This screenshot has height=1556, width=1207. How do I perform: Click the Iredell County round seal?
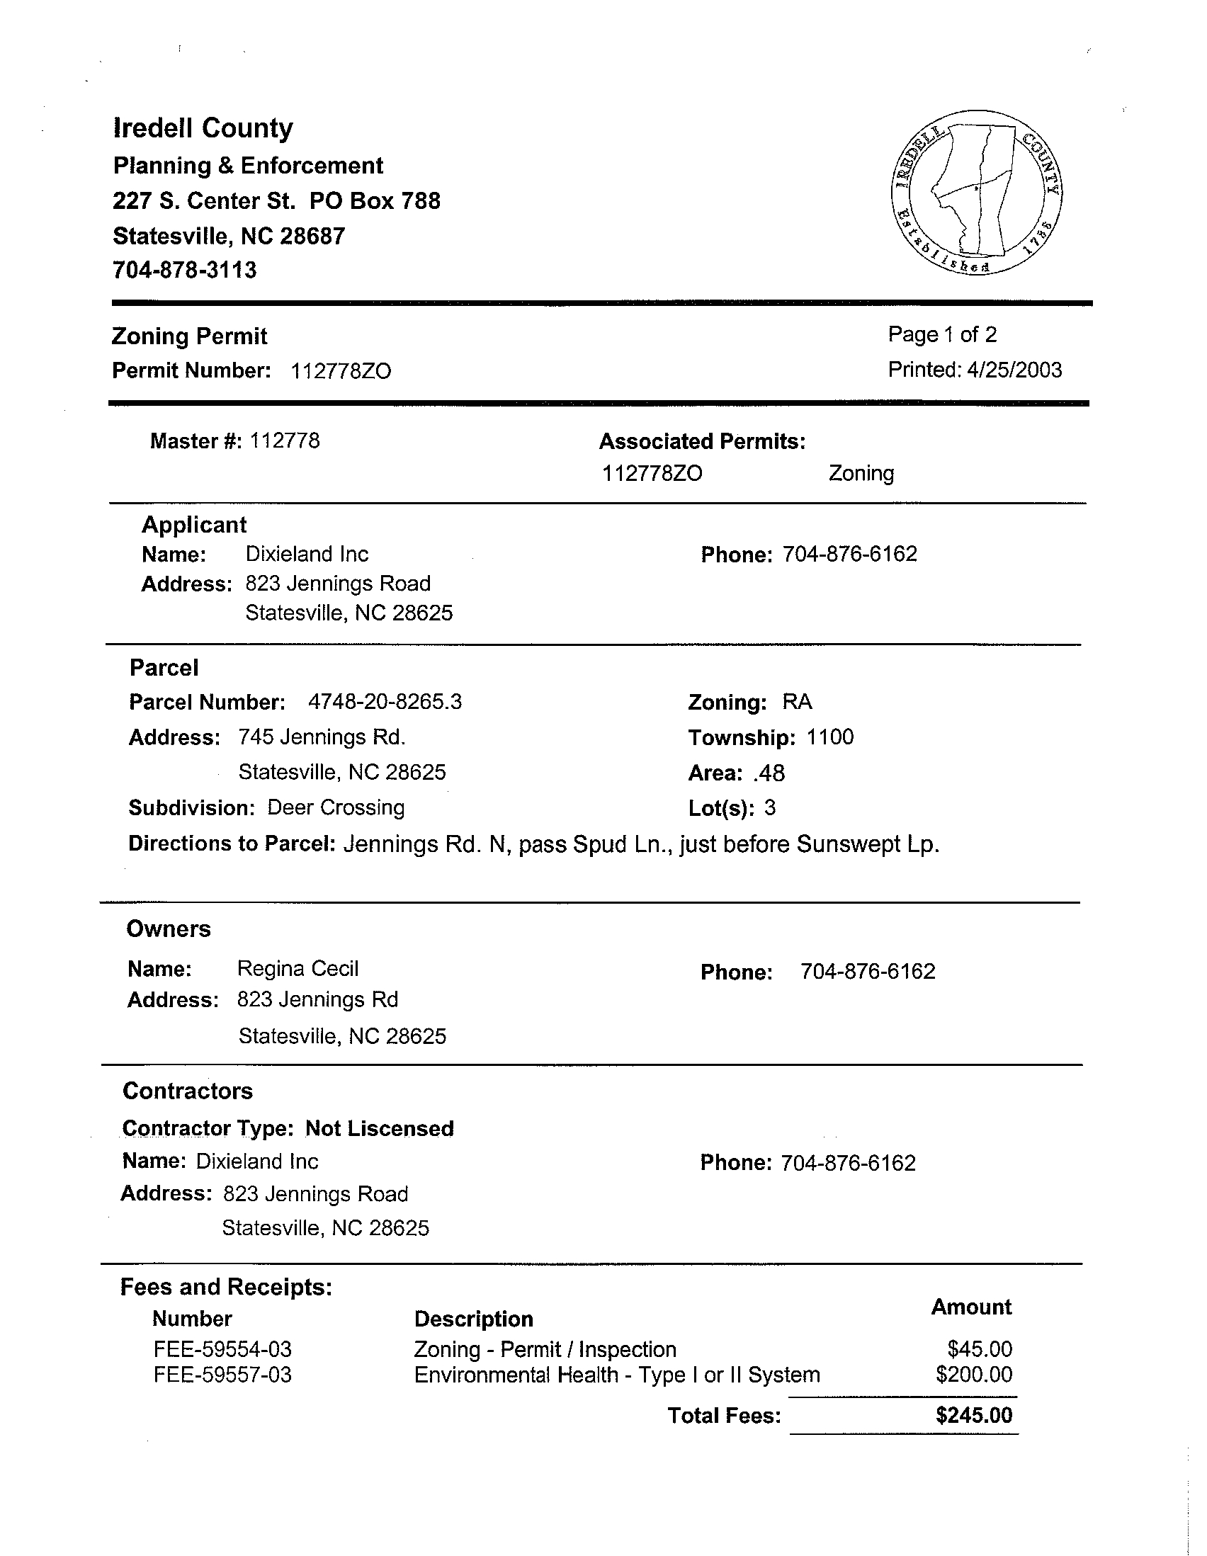976,193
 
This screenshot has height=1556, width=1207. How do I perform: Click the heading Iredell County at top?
203,128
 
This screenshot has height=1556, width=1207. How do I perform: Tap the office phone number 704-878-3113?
185,270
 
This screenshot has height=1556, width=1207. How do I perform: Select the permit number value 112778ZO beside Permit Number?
341,371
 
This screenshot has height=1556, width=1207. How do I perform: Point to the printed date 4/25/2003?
1014,370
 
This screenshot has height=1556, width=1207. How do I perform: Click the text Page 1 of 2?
942,334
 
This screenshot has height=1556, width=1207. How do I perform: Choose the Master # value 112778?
284,441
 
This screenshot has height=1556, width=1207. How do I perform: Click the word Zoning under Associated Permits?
861,473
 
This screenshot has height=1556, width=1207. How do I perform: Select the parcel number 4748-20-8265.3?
385,703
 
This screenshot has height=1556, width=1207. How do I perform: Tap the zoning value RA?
797,703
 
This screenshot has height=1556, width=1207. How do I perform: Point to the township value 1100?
830,737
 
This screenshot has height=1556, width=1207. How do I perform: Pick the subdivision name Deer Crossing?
336,808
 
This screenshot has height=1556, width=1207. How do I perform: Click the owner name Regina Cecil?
297,969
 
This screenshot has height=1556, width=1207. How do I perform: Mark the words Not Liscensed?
380,1128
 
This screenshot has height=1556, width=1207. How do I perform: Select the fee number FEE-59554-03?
222,1349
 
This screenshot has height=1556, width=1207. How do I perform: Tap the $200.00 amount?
973,1374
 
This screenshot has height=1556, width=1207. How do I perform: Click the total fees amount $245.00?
973,1415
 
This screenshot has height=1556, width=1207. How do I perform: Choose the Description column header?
474,1319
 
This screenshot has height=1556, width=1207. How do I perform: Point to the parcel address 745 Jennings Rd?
322,737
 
